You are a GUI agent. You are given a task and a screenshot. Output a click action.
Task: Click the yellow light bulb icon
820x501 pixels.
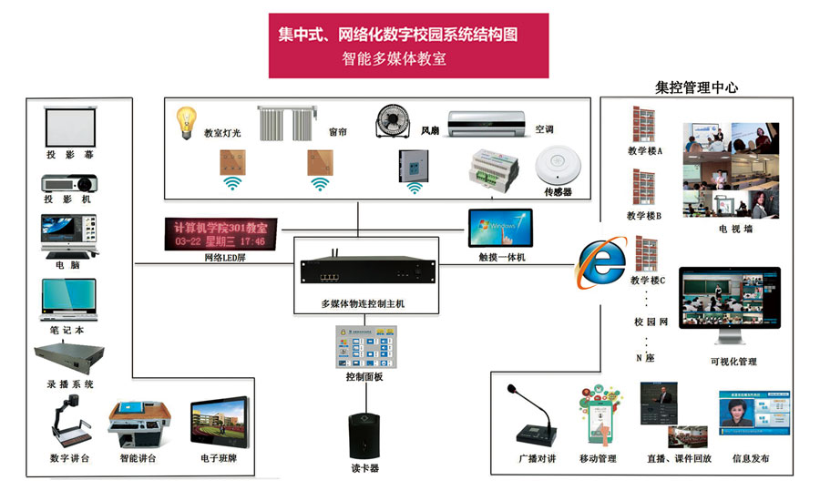187,122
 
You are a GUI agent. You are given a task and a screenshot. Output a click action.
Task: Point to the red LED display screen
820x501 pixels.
220,233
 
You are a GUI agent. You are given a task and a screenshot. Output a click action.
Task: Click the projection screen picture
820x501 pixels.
71,127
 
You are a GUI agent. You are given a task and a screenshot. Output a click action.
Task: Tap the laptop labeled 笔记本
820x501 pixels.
69,299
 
